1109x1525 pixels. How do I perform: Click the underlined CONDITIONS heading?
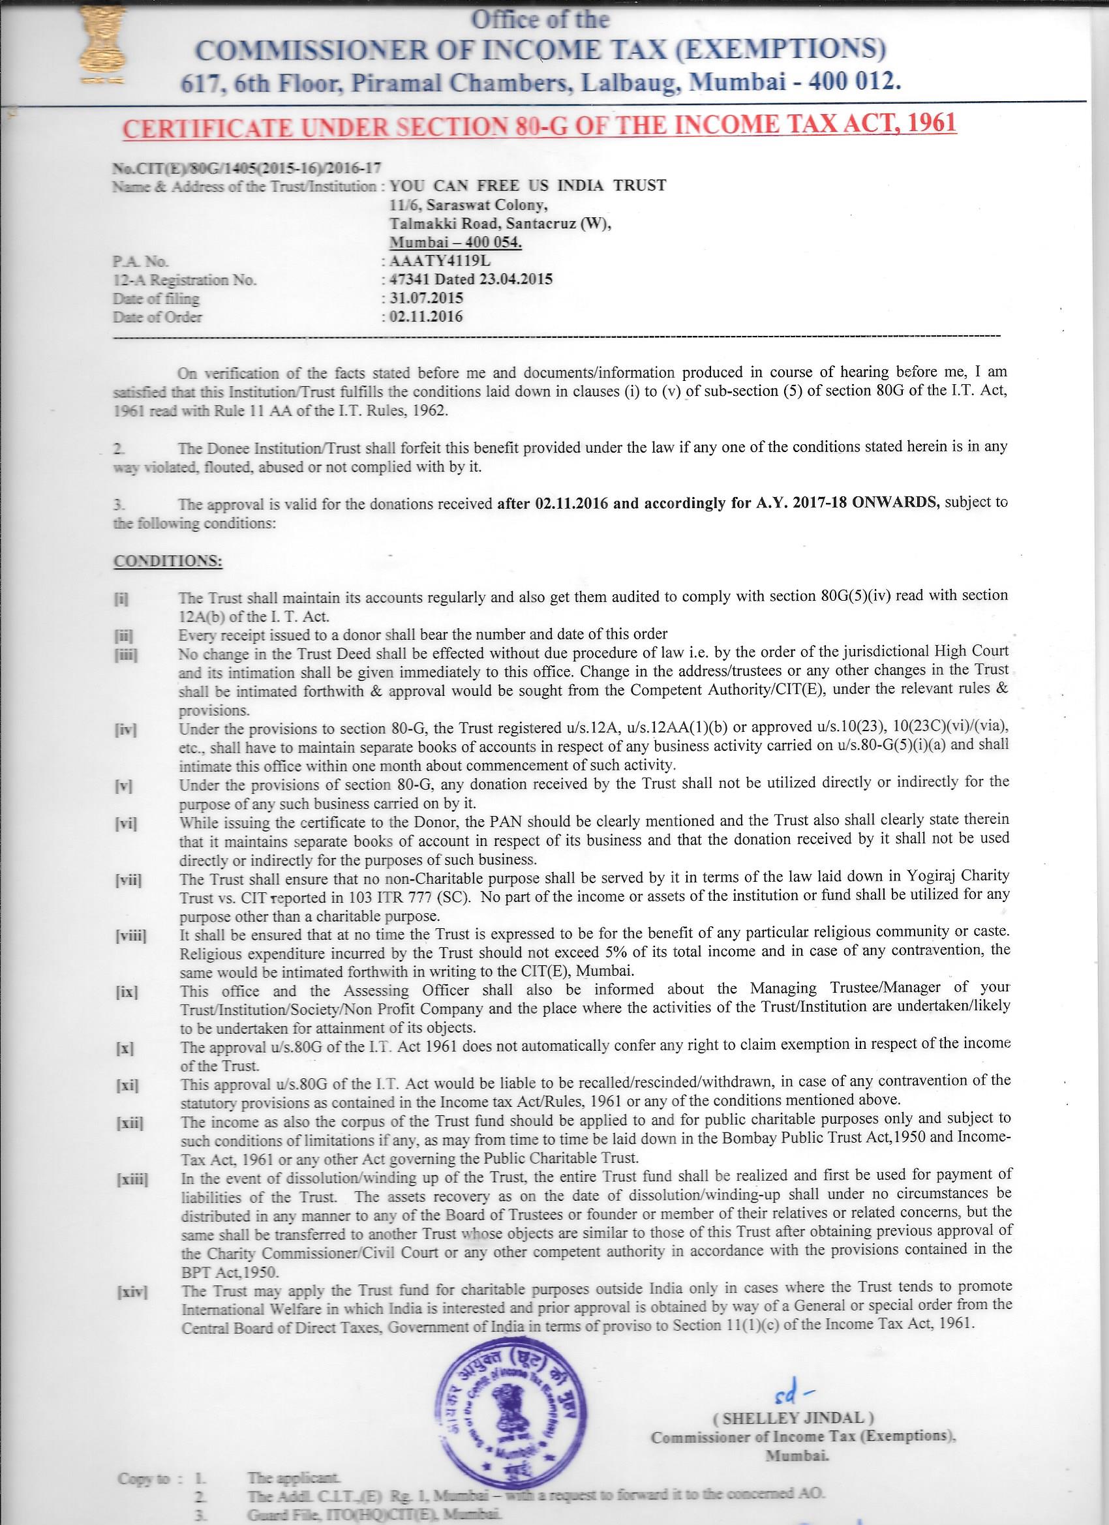(x=168, y=560)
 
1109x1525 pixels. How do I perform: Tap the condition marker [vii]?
(x=128, y=879)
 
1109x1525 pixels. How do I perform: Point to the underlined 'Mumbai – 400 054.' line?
(x=457, y=243)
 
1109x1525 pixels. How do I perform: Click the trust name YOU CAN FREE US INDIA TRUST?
(x=528, y=186)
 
